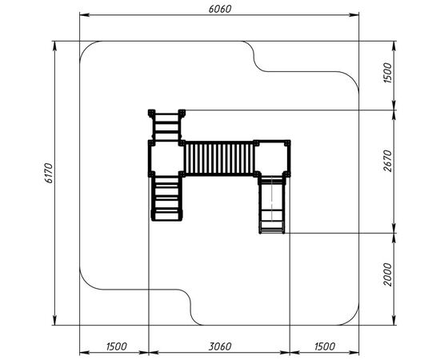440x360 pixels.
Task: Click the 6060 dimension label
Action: [x=220, y=9]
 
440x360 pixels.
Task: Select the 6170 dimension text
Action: [x=49, y=173]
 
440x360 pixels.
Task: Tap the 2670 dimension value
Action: [x=388, y=161]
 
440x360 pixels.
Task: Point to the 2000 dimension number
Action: [x=388, y=274]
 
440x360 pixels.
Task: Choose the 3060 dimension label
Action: [x=220, y=346]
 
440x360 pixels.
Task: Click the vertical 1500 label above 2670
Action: [x=388, y=73]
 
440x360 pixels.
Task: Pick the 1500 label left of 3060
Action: [x=117, y=346]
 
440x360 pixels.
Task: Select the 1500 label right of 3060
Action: [x=325, y=346]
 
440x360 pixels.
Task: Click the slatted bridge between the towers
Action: [x=219, y=158]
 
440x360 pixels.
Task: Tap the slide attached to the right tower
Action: [x=272, y=204]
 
